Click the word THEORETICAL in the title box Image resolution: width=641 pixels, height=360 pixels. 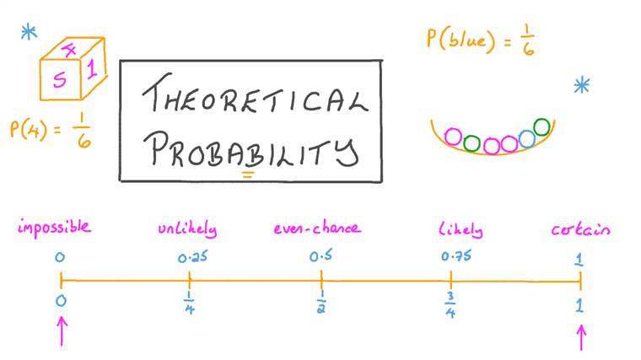(255, 94)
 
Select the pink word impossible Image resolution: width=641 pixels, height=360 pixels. (54, 227)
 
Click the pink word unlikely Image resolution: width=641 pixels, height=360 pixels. (187, 228)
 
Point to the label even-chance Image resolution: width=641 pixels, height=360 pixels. (317, 227)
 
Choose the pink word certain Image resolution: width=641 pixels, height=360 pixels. (580, 229)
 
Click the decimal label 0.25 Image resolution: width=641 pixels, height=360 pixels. (192, 257)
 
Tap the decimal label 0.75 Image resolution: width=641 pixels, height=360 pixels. (456, 256)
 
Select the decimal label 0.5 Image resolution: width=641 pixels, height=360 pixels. (320, 256)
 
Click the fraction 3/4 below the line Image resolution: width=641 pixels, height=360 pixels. (450, 305)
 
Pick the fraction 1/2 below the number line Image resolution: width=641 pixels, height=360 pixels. (321, 302)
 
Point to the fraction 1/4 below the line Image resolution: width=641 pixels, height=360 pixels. (189, 303)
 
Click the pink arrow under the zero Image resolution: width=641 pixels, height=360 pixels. (62, 331)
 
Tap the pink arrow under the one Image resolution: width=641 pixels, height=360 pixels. (581, 337)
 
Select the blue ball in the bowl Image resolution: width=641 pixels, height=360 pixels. (527, 139)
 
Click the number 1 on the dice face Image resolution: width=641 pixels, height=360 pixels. (92, 68)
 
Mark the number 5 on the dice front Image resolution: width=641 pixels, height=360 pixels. (60, 79)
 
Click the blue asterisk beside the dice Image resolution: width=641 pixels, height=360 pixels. (29, 32)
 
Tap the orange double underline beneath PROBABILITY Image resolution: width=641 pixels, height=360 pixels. (248, 175)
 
